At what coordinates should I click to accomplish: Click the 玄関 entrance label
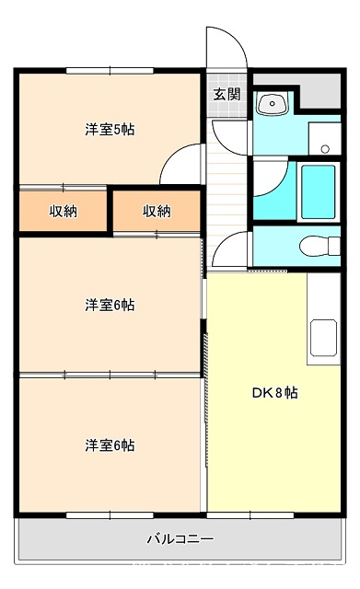(226, 94)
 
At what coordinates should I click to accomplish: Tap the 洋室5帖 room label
(110, 130)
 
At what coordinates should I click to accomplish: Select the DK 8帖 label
(274, 393)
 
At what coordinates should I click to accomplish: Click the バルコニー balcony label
(180, 539)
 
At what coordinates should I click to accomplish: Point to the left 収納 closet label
(64, 212)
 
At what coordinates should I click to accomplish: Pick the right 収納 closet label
(157, 212)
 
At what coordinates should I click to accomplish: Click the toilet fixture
(319, 246)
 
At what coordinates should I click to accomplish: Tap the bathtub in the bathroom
(319, 191)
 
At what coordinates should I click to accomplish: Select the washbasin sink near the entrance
(272, 103)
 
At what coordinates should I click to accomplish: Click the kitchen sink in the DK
(323, 338)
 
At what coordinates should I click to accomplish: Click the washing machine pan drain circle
(325, 149)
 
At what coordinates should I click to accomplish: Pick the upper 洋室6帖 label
(110, 305)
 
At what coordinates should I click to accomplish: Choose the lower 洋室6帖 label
(110, 445)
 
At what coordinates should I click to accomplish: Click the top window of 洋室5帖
(110, 70)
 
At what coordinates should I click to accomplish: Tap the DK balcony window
(250, 515)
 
